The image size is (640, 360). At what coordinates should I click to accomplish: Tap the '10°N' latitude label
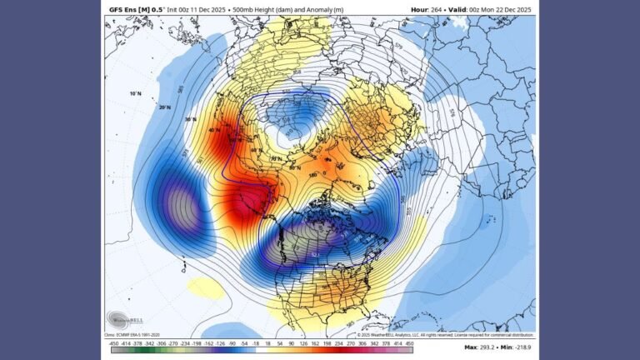[x=135, y=93]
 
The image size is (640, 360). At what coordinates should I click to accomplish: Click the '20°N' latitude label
[x=165, y=107]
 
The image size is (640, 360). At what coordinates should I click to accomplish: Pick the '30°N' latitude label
[x=191, y=119]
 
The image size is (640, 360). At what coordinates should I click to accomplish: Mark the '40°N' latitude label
[x=214, y=130]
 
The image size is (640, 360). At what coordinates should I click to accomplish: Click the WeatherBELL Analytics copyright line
[x=445, y=334]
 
